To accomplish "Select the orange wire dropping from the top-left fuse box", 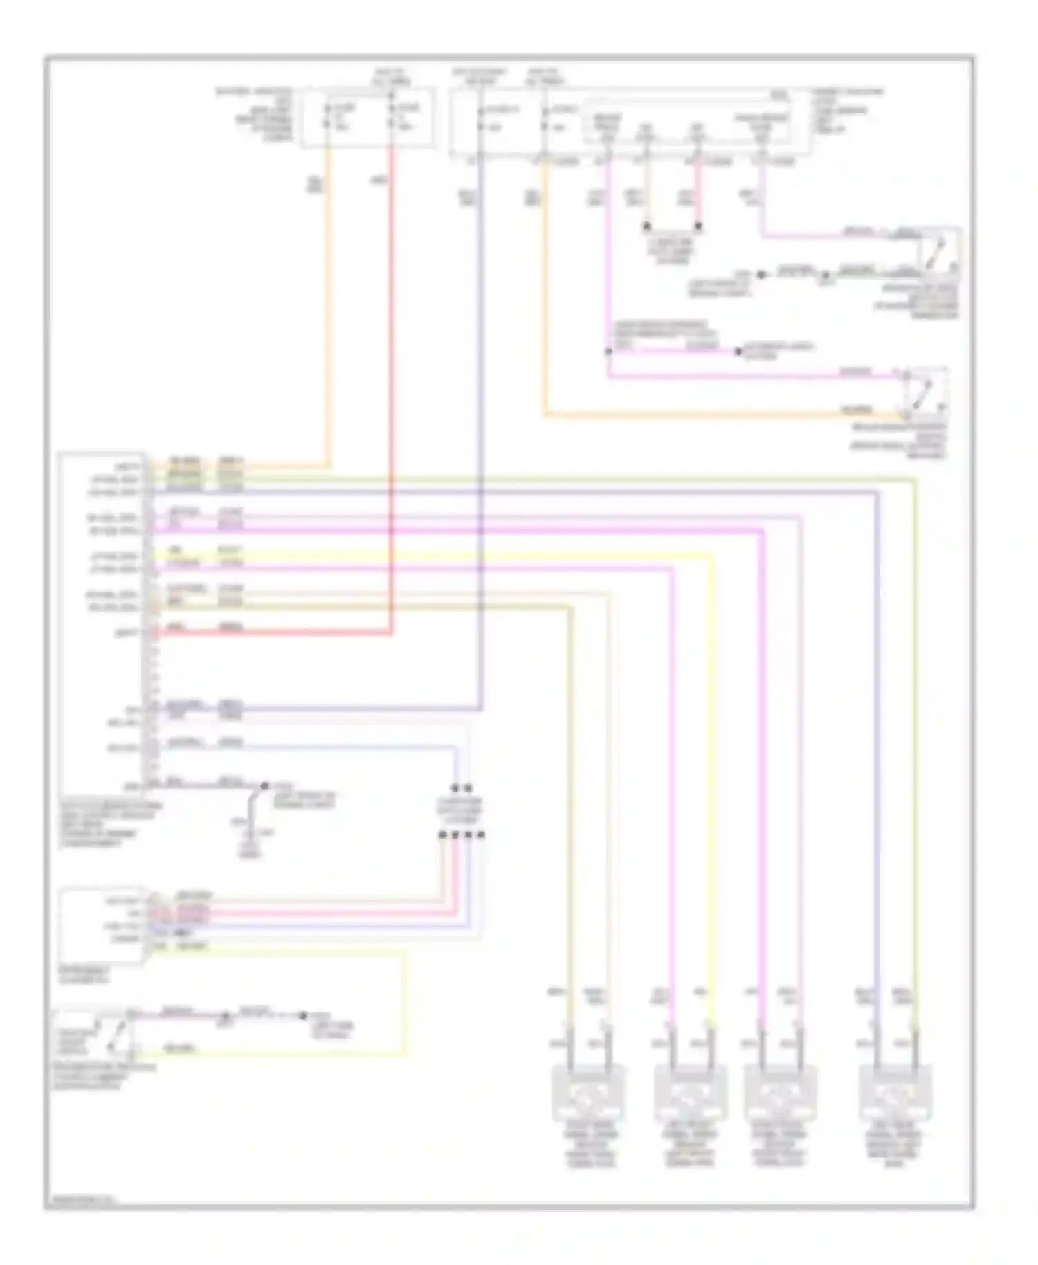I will [329, 311].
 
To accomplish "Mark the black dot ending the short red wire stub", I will [698, 226].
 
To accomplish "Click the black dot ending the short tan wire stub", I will [647, 226].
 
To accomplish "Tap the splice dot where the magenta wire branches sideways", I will [608, 352].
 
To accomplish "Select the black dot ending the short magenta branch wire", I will [738, 352].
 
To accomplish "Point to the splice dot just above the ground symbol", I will [264, 787].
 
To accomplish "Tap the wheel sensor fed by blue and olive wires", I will [894, 1093].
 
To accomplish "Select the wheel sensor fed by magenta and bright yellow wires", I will [691, 1093].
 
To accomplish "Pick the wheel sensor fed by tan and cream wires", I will [589, 1093].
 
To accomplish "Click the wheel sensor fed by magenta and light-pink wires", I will [781, 1093].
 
